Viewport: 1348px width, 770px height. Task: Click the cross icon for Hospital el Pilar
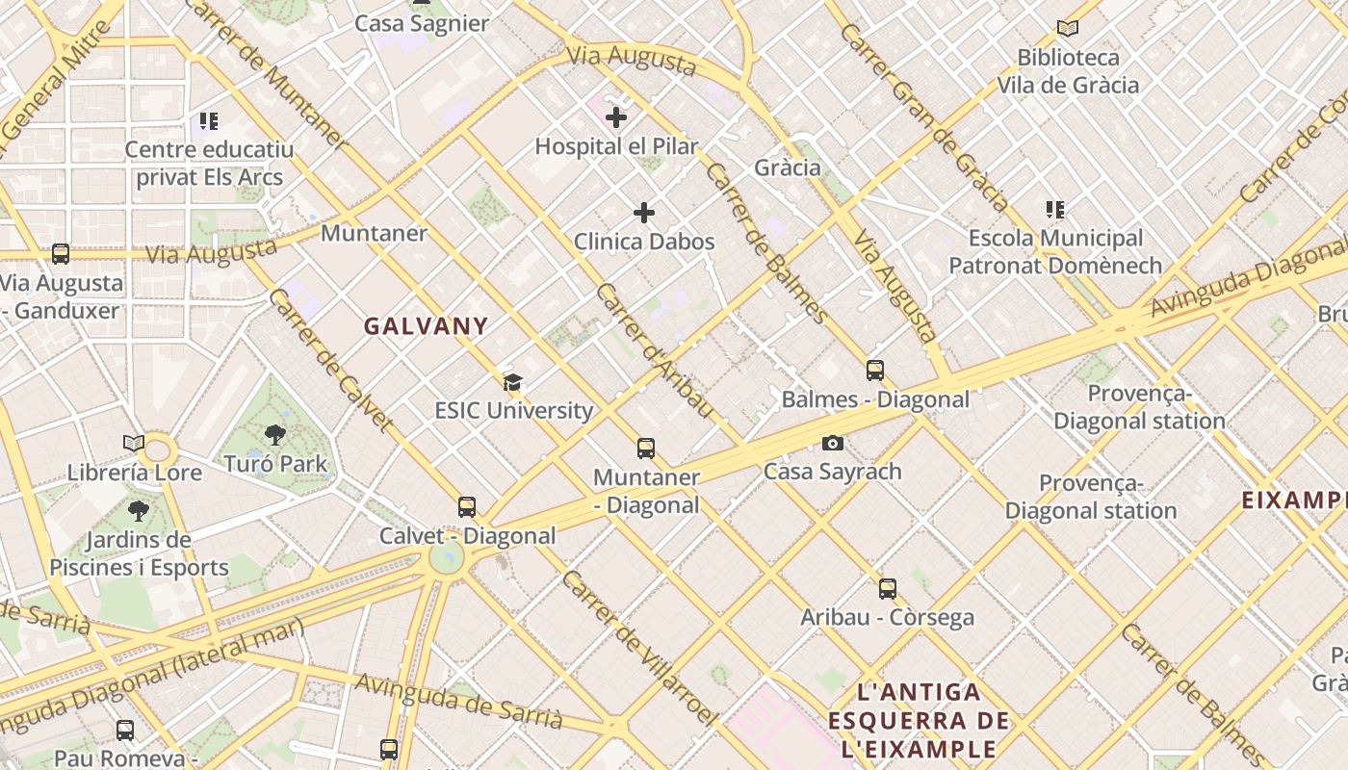[616, 117]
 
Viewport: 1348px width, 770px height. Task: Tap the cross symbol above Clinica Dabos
[644, 213]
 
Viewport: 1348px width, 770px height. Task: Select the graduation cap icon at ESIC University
[512, 382]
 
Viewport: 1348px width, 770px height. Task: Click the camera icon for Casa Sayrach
[833, 443]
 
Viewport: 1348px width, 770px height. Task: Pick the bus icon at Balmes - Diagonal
[875, 371]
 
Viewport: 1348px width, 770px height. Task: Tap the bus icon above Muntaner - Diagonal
[646, 449]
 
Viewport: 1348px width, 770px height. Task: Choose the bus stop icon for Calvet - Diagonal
[467, 507]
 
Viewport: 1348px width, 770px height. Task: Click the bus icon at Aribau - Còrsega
[888, 588]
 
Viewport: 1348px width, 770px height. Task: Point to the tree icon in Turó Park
[275, 434]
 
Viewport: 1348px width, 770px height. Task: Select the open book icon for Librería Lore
[134, 444]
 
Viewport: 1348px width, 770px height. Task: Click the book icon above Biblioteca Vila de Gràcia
[1067, 29]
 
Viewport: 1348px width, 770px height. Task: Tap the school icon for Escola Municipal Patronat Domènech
[1055, 209]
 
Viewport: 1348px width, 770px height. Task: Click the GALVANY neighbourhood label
[426, 326]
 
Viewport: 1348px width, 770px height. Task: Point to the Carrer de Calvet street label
[330, 358]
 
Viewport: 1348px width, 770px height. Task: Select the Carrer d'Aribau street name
[655, 350]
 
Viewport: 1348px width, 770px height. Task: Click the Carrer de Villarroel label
[639, 647]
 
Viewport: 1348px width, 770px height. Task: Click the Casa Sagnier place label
[422, 23]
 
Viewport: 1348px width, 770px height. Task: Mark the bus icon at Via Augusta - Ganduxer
[61, 254]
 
